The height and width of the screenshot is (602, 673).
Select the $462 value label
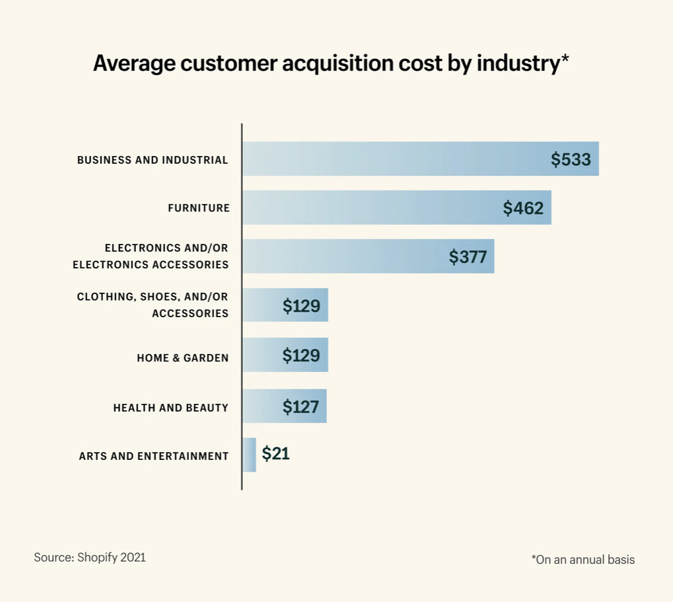pos(523,208)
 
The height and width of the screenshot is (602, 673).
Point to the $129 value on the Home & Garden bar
pos(301,356)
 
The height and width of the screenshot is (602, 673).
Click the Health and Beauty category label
pos(170,408)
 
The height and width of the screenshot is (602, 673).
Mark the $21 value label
pos(275,454)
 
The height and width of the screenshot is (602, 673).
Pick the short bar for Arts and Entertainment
pos(249,455)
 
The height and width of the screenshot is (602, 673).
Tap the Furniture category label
pos(199,208)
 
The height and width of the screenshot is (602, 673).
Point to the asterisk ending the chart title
pos(565,59)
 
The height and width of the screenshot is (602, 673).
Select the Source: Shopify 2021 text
pos(90,557)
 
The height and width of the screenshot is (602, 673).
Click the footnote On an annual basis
pos(583,560)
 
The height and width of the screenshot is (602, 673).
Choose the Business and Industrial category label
pos(153,160)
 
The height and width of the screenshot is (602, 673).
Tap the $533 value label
pos(571,159)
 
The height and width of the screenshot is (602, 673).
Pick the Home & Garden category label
pos(182,357)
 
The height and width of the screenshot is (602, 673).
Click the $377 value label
pos(468,257)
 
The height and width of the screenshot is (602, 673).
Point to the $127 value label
pos(301,406)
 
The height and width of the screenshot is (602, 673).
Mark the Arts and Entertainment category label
pos(153,456)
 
